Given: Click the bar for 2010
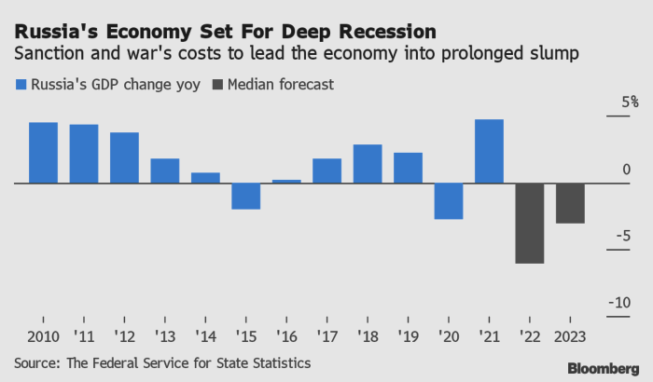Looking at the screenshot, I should (x=43, y=153).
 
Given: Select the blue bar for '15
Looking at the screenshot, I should (x=245, y=196).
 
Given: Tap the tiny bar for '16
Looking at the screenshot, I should (x=286, y=181).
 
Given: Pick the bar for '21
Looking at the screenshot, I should (x=489, y=151).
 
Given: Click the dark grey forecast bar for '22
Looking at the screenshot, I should (x=530, y=224).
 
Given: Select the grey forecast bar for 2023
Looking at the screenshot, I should (x=570, y=203).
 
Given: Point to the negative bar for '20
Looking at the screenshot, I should (x=449, y=201).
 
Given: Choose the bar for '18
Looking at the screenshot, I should (x=368, y=164).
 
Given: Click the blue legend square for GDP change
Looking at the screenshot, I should (x=21, y=85).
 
